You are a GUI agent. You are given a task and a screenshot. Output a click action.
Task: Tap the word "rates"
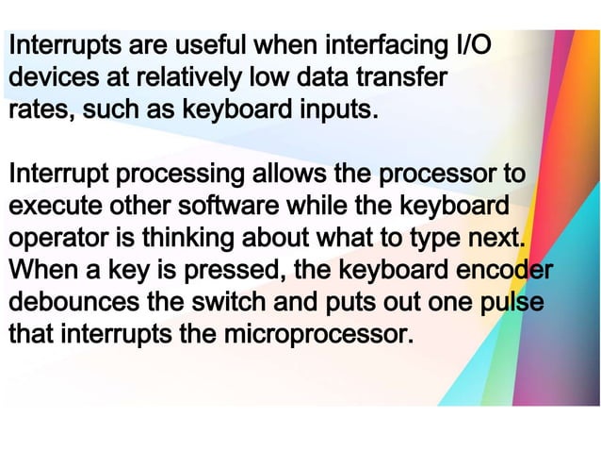[x=39, y=110]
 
